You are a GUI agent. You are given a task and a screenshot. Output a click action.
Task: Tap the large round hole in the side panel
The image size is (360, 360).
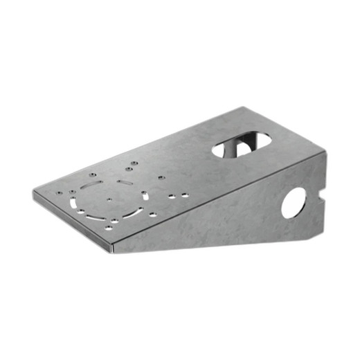click(294, 203)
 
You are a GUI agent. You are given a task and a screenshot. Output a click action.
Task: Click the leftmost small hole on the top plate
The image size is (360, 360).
click(60, 193)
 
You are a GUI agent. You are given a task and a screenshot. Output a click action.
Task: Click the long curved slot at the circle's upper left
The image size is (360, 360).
click(91, 188)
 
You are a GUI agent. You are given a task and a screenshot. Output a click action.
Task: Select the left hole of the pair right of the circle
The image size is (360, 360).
click(170, 197)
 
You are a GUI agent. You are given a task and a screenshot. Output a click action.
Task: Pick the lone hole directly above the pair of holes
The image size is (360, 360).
click(161, 178)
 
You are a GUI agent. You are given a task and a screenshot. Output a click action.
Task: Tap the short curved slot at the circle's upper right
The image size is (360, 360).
click(125, 182)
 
